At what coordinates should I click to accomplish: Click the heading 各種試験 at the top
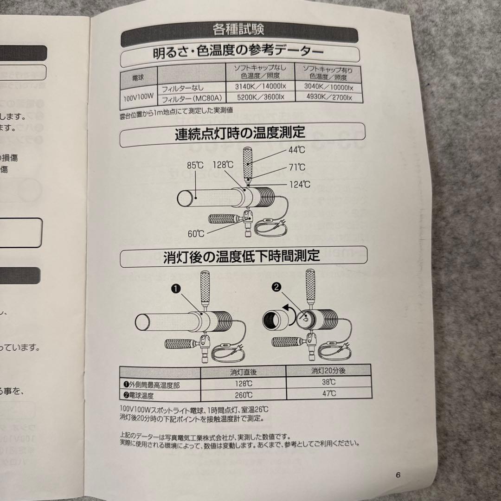[238, 31]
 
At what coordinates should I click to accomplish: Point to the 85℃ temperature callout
[195, 164]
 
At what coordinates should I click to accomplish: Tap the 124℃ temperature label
[300, 185]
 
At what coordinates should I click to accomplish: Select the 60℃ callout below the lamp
[196, 233]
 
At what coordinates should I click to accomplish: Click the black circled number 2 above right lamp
[277, 288]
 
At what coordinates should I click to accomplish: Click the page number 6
[398, 474]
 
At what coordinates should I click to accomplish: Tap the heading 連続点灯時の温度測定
[240, 133]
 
